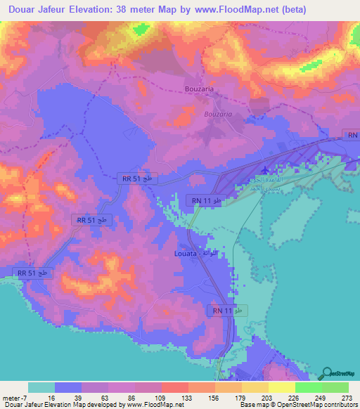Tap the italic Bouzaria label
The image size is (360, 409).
click(217, 113)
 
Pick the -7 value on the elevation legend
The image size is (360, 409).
click(24, 397)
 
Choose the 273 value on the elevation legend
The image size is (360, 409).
click(345, 397)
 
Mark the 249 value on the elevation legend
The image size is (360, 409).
click(320, 397)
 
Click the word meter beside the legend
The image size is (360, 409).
click(11, 397)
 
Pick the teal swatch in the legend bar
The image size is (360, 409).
click(41, 387)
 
